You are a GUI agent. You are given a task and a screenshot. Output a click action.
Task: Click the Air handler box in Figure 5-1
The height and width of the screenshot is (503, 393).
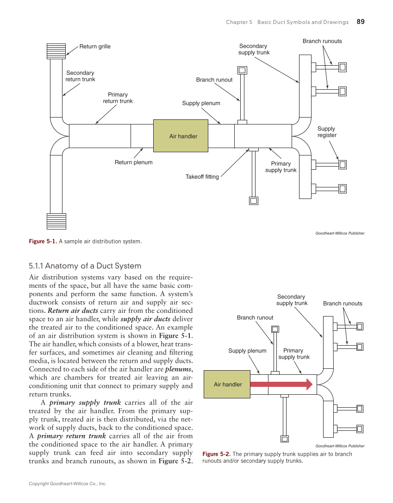pos(183,136)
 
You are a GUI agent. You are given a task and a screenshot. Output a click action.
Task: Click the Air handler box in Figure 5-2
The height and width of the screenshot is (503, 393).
pos(228,384)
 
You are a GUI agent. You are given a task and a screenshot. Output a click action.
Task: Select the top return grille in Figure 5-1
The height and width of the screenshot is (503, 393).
pos(56,51)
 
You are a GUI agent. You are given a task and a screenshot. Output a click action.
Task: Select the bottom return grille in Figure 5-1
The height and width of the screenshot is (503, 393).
pos(56,221)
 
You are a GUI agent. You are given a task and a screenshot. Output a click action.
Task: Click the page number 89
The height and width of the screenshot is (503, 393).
pos(361,22)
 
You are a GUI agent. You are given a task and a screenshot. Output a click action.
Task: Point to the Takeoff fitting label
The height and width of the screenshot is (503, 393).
pos(202,177)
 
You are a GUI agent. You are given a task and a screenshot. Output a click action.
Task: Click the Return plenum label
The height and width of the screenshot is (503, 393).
pos(133,162)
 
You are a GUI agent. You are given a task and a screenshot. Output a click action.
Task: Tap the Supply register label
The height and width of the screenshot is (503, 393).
pos(326,132)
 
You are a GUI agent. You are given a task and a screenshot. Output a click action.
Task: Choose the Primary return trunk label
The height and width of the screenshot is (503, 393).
pos(118,98)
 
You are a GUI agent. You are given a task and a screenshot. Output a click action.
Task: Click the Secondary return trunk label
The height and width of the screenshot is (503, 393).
pos(80,76)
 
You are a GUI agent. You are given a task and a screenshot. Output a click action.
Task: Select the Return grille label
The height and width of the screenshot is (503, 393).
pos(95,46)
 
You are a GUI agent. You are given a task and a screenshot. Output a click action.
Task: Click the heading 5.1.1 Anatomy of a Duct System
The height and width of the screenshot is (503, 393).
pos(85,266)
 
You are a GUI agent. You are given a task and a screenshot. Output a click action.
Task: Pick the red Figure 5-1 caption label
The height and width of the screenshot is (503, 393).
pos(43,242)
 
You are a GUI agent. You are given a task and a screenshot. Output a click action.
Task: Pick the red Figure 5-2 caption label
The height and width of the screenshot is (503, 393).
pos(217,454)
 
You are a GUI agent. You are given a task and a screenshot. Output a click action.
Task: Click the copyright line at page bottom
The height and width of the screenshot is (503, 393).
pos(68,484)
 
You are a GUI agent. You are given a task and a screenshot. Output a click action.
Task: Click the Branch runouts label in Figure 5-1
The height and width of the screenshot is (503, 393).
pos(322,41)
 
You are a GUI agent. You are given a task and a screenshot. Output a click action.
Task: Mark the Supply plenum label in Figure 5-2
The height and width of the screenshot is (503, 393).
pos(247,351)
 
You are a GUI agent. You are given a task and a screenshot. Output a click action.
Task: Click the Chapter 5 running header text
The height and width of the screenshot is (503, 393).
pos(287,22)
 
